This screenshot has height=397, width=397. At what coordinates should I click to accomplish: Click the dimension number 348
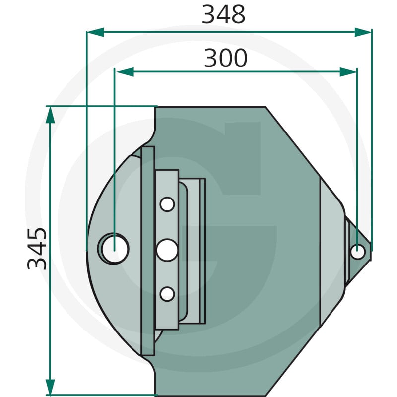click(x=224, y=15)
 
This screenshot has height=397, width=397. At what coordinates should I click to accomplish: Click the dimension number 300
click(x=225, y=58)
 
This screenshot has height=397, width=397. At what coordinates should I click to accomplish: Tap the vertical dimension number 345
click(x=37, y=249)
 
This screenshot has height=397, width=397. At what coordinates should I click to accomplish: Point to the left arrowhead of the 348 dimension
click(x=95, y=32)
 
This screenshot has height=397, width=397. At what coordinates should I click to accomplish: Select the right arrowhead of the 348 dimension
click(x=363, y=32)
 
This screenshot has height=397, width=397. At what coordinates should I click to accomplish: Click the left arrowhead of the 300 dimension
click(x=125, y=72)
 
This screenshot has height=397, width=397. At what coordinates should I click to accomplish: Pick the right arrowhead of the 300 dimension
click(x=348, y=72)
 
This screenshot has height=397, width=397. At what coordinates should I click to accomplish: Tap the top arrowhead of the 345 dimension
click(x=50, y=115)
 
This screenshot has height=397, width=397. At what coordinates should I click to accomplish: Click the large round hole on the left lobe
click(x=115, y=249)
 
